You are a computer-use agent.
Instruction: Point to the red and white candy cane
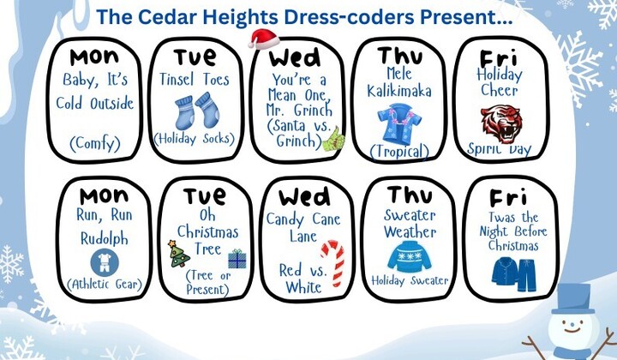pos(332,261)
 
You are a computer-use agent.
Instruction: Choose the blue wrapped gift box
pos(236,259)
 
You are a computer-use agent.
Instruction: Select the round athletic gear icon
pos(100,261)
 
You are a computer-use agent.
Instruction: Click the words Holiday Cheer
pos(499,82)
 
